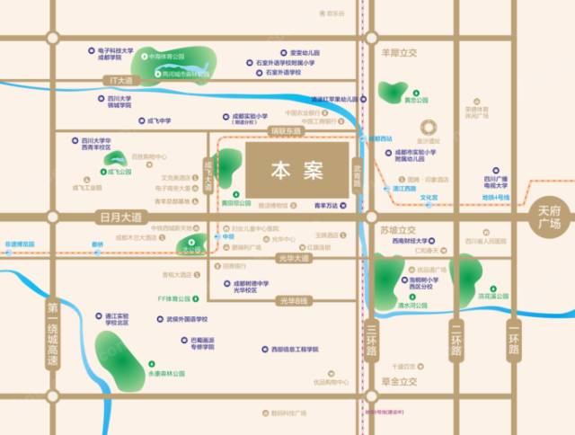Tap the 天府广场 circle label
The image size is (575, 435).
549,216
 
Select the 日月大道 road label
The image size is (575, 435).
118,217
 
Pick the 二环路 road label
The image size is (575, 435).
456,341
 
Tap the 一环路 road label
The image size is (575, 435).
514,341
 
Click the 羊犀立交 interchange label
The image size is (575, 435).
400,53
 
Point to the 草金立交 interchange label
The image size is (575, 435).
398,381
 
